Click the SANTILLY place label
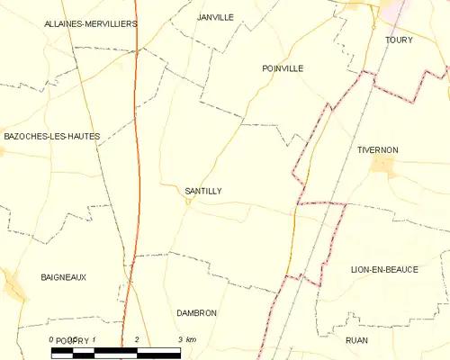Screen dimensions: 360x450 click(202, 191)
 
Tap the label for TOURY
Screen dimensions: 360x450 click(398, 40)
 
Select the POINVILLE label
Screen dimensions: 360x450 click(283, 68)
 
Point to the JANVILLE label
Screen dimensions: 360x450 click(215, 17)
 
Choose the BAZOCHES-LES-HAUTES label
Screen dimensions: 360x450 click(51, 136)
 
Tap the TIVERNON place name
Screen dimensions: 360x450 click(377, 149)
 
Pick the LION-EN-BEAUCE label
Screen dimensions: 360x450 click(384, 269)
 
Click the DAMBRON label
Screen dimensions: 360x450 click(197, 312)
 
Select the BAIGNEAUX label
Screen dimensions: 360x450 click(63, 277)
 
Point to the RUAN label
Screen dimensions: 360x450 click(356, 340)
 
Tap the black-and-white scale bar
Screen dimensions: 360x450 click(117, 351)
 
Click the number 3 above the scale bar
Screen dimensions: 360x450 click(181, 339)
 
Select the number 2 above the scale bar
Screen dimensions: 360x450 click(136, 339)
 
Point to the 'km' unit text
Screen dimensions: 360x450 click(190, 339)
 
